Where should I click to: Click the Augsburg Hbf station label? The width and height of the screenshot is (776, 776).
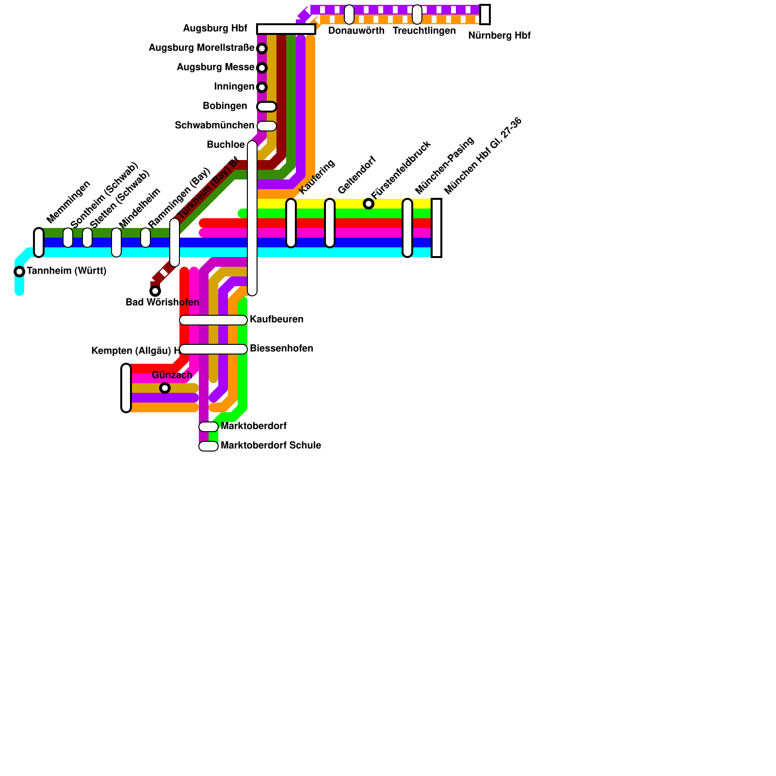pyautogui.click(x=215, y=29)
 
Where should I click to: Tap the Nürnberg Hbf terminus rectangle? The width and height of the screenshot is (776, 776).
pyautogui.click(x=485, y=15)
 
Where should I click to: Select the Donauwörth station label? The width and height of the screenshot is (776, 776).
pyautogui.click(x=356, y=31)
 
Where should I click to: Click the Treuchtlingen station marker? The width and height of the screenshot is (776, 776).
pyautogui.click(x=417, y=15)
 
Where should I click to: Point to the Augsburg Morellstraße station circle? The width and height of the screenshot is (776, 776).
pyautogui.click(x=262, y=48)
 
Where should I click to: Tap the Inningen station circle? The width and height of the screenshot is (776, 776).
pyautogui.click(x=262, y=87)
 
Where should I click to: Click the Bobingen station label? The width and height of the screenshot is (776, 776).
pyautogui.click(x=225, y=106)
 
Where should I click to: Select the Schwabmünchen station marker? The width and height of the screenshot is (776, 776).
pyautogui.click(x=267, y=126)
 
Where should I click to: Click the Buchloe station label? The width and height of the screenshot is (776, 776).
pyautogui.click(x=226, y=145)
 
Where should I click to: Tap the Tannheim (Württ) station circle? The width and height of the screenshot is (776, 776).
pyautogui.click(x=19, y=272)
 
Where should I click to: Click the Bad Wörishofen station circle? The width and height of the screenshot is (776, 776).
pyautogui.click(x=155, y=291)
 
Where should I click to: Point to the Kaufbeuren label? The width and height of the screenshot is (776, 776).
pyautogui.click(x=276, y=320)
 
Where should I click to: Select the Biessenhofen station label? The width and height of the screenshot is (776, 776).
pyautogui.click(x=281, y=349)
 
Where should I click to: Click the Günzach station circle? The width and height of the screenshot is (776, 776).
pyautogui.click(x=165, y=388)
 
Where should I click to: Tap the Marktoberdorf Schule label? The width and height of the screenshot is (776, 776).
pyautogui.click(x=271, y=446)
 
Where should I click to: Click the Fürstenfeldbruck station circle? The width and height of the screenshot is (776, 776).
pyautogui.click(x=369, y=204)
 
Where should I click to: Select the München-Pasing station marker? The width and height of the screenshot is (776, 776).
pyautogui.click(x=407, y=228)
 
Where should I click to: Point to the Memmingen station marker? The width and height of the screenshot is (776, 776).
pyautogui.click(x=39, y=242)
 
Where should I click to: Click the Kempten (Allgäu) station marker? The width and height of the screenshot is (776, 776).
pyautogui.click(x=126, y=388)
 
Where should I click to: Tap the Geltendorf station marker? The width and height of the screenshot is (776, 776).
pyautogui.click(x=330, y=223)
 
